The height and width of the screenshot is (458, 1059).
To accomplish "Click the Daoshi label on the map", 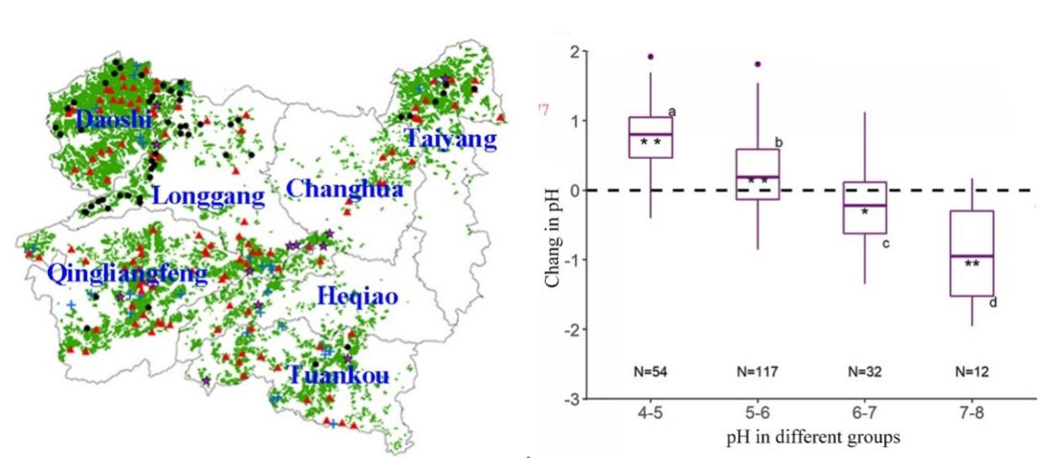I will coord(113,120).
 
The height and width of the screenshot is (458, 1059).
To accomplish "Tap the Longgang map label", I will coord(208,196).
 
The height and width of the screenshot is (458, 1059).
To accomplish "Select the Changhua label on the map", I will coord(344,188).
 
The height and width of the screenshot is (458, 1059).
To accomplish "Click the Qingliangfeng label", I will coord(127,274).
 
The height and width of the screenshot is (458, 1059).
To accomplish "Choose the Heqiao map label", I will coord(358,298).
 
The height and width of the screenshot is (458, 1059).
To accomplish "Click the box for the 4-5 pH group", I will coord(651,137).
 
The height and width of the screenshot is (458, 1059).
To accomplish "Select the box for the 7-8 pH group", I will coord(971,253).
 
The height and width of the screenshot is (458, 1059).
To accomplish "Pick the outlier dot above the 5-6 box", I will coord(758,64).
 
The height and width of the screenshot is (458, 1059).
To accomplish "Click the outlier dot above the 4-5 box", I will coord(651,56).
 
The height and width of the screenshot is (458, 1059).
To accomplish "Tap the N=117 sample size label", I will coord(758,372).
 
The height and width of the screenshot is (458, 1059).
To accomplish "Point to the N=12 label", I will coord(971,372).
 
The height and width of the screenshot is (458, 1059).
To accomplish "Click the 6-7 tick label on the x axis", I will coord(864,414).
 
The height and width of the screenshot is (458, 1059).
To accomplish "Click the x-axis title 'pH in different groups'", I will coord(812,437).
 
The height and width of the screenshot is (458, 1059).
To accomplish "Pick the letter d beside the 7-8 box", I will coord(993,302).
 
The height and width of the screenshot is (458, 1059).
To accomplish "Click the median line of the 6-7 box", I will coord(864,206).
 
